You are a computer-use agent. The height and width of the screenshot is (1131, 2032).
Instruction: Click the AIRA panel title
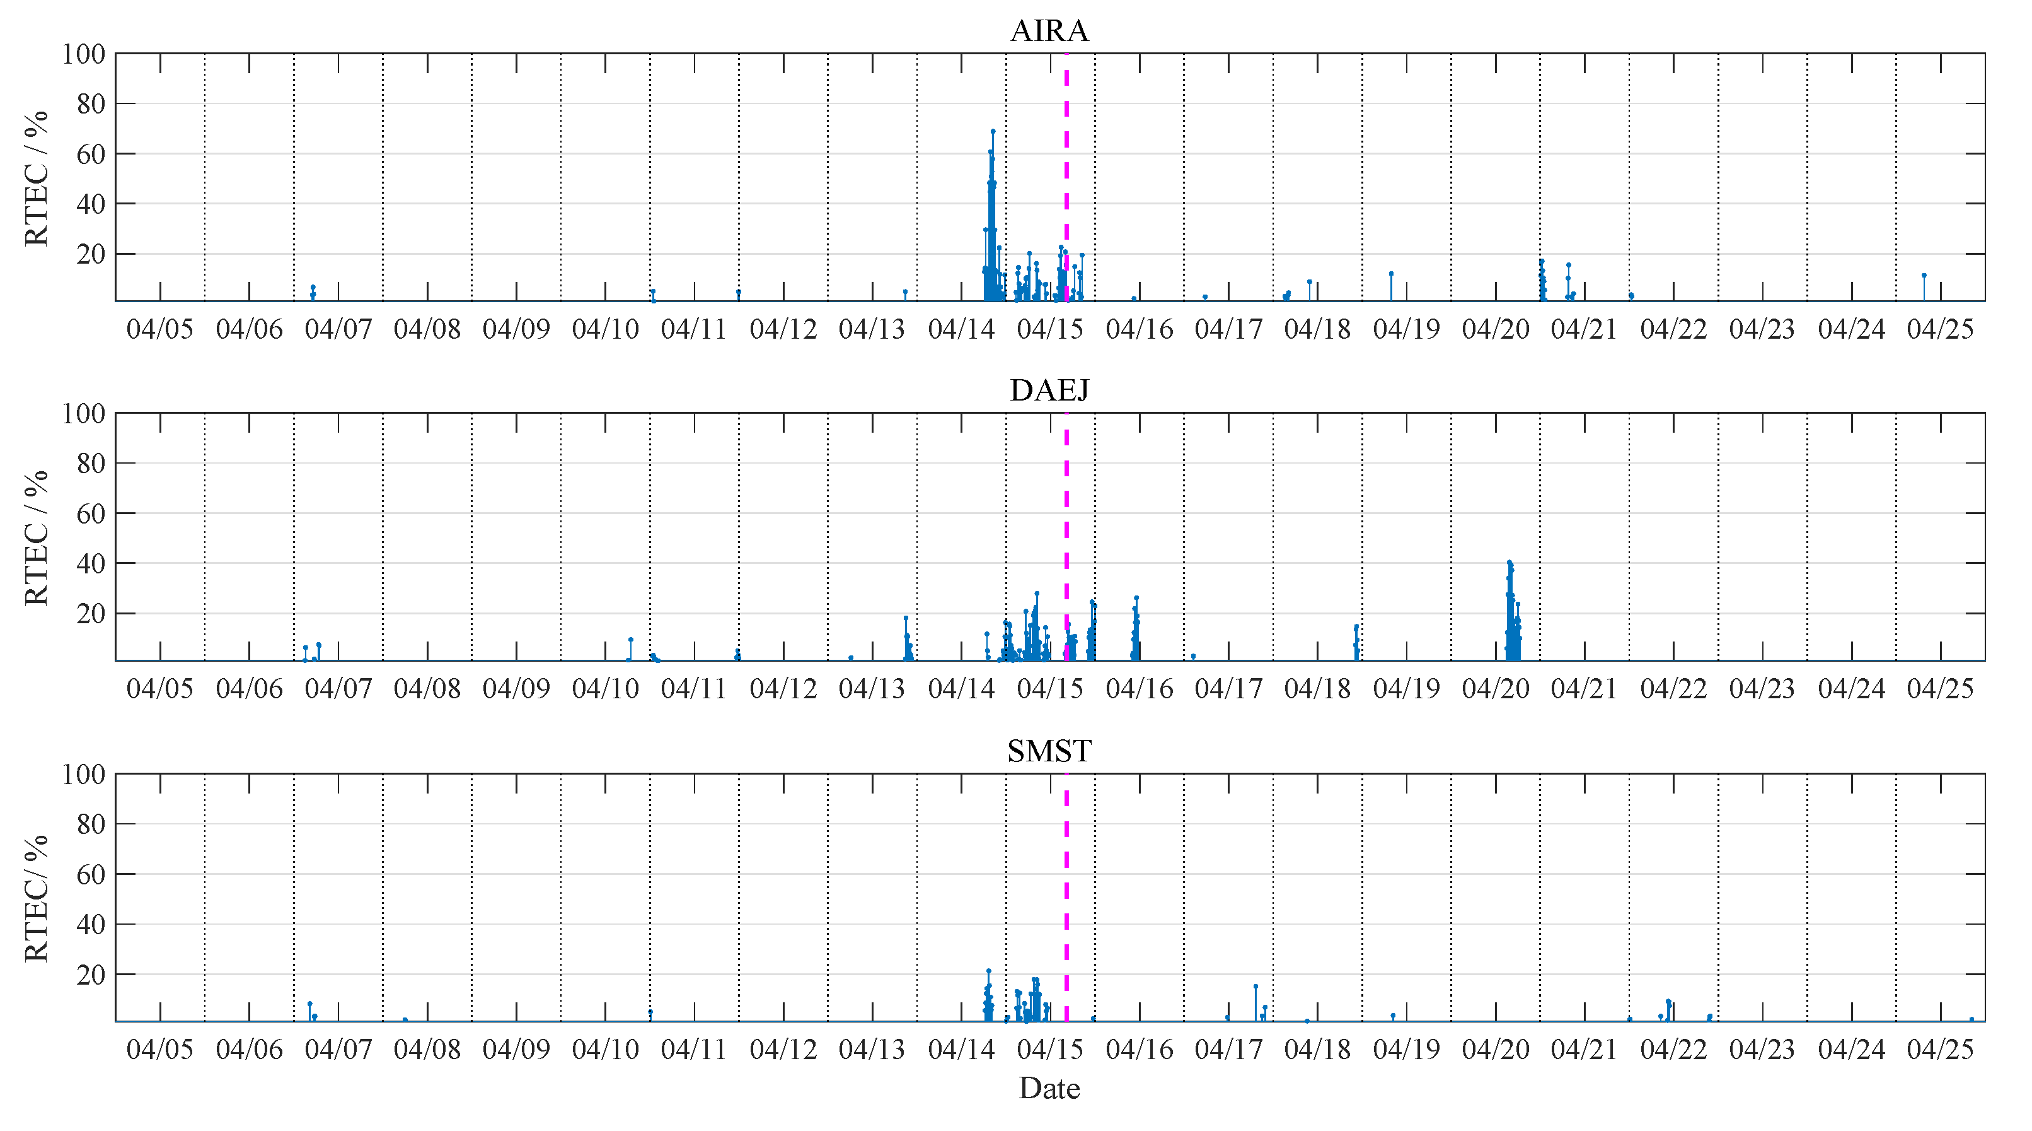pyautogui.click(x=1049, y=31)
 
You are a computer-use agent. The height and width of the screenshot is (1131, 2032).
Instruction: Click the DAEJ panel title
pyautogui.click(x=1049, y=390)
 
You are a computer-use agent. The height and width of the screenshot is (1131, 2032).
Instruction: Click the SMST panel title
pyautogui.click(x=1049, y=751)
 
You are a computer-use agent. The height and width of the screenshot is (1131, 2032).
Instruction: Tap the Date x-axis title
pyautogui.click(x=1049, y=1088)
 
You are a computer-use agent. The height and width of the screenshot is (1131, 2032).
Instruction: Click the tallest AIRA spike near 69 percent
pyautogui.click(x=992, y=132)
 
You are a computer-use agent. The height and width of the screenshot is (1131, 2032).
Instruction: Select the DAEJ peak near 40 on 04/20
pyautogui.click(x=1509, y=563)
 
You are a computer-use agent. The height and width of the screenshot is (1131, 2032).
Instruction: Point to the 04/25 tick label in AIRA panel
pyautogui.click(x=1940, y=329)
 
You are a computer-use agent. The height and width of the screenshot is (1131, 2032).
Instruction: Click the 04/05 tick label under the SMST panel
pyautogui.click(x=160, y=1050)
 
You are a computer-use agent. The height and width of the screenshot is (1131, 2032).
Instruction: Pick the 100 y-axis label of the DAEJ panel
pyautogui.click(x=84, y=414)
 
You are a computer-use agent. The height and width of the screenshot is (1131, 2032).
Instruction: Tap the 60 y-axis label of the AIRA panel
pyautogui.click(x=91, y=155)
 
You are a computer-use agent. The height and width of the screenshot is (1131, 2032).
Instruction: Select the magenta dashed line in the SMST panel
pyautogui.click(x=1066, y=900)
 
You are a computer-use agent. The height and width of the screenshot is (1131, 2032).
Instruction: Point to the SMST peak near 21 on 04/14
pyautogui.click(x=988, y=971)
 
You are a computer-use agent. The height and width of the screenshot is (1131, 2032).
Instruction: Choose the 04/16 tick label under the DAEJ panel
pyautogui.click(x=1139, y=689)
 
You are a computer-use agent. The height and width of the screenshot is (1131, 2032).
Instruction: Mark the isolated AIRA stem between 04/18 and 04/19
pyautogui.click(x=1390, y=274)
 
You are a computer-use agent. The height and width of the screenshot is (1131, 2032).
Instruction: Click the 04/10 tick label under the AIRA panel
pyautogui.click(x=605, y=329)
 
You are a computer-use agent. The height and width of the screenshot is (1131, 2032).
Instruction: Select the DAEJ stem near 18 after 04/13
pyautogui.click(x=906, y=619)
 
